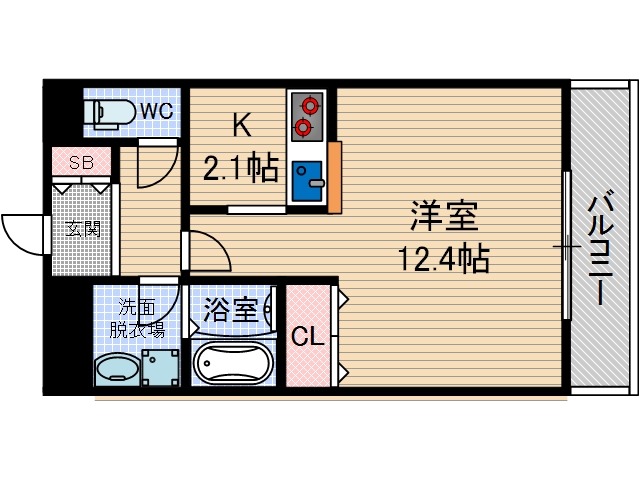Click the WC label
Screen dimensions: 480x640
click(156, 111)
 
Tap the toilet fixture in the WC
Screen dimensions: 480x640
click(108, 113)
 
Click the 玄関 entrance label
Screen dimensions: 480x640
click(83, 229)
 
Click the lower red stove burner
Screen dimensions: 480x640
click(303, 127)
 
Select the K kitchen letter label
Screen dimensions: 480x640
click(240, 126)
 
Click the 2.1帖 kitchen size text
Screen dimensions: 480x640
click(240, 169)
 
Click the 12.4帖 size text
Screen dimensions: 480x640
click(444, 260)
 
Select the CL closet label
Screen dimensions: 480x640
click(307, 338)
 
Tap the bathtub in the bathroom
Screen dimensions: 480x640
click(232, 363)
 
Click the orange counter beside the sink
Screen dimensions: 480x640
click(334, 178)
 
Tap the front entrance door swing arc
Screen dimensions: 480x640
click(20, 234)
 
